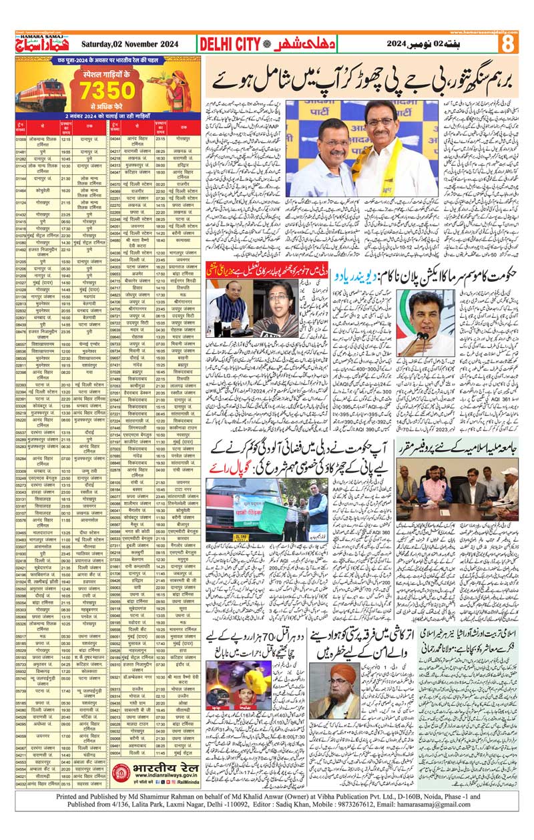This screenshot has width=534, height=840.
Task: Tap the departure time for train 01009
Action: pos(66,139)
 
